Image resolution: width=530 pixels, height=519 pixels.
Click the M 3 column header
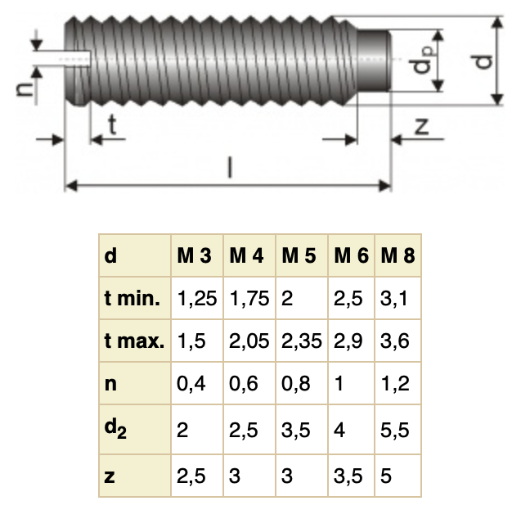tap(195, 255)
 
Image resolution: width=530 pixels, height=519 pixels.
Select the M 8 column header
tap(397, 255)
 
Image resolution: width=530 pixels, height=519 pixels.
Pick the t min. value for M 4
tap(249, 299)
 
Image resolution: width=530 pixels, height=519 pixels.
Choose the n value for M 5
tap(295, 384)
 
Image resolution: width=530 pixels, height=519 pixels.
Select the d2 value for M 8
tap(394, 429)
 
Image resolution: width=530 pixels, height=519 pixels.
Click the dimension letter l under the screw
tap(230, 168)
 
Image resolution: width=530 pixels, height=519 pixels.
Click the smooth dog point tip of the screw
tap(375, 61)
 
